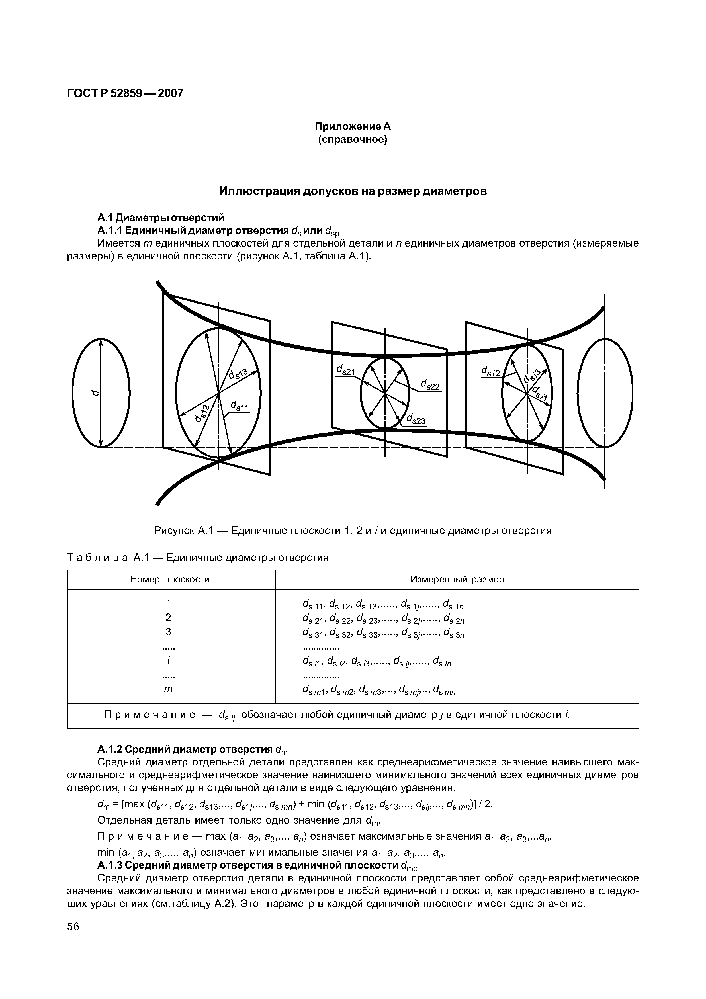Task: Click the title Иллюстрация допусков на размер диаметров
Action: pyautogui.click(x=353, y=191)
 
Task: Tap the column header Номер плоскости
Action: pyautogui.click(x=170, y=579)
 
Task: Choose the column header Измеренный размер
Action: pyautogui.click(x=457, y=579)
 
